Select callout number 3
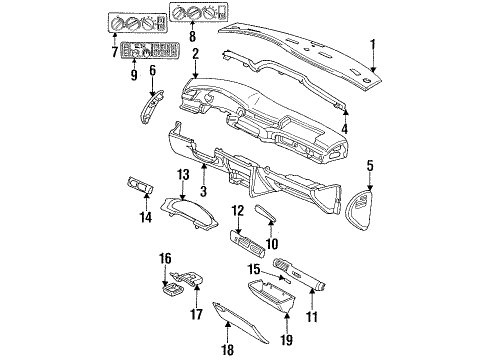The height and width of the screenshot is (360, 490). click(x=203, y=191)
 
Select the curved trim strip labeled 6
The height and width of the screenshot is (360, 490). click(x=149, y=109)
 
